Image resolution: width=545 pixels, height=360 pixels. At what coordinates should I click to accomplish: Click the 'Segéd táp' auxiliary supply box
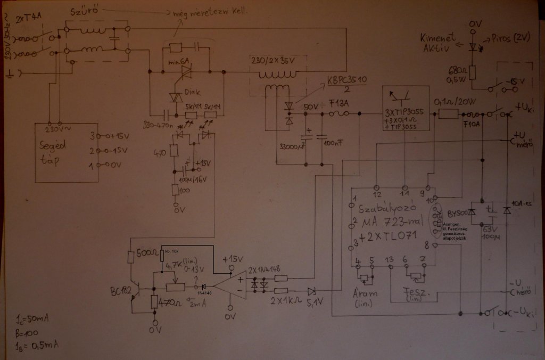(66, 152)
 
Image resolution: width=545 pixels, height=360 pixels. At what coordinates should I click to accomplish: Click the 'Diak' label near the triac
(192, 91)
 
